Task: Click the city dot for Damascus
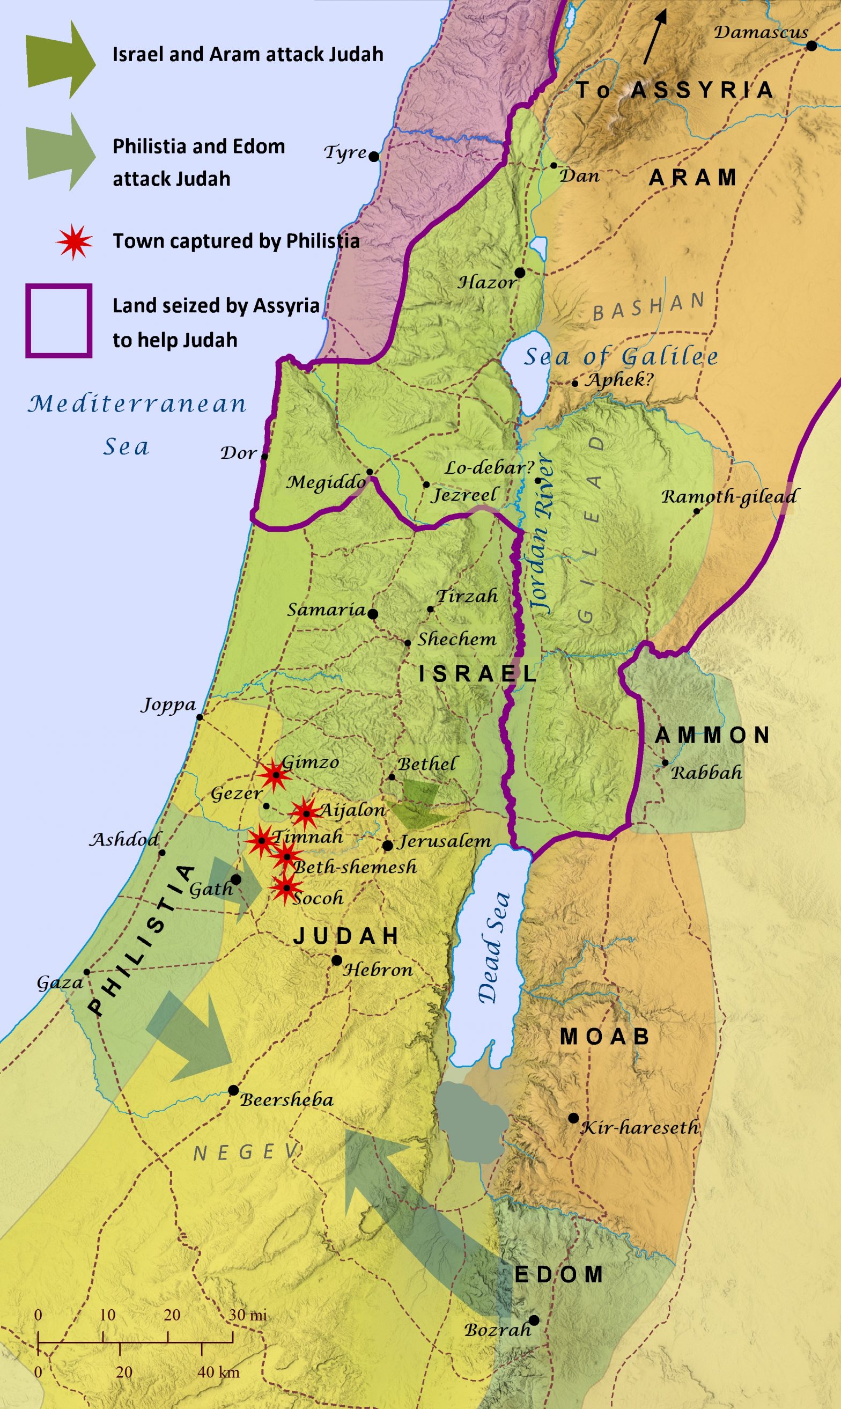click(811, 46)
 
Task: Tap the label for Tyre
click(345, 152)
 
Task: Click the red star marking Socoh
click(287, 887)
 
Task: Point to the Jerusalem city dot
click(388, 846)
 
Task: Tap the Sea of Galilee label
click(621, 357)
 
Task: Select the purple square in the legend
click(58, 321)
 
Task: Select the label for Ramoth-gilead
click(729, 497)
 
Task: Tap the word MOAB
click(604, 1037)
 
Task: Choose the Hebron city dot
click(337, 960)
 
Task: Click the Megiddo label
click(326, 482)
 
